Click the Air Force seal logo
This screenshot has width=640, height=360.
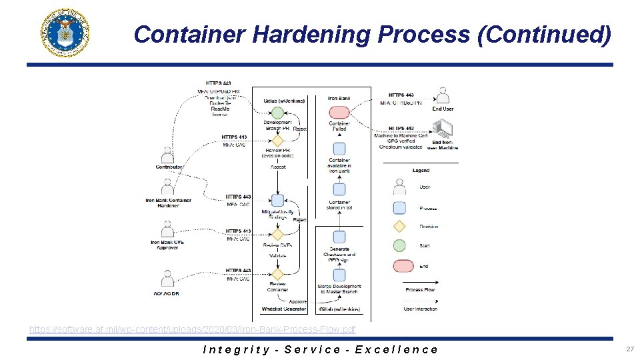tap(65, 33)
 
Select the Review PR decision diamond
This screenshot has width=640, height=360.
tap(277, 140)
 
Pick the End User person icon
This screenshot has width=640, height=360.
tap(442, 95)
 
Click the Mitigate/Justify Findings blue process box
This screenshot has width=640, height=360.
tap(277, 199)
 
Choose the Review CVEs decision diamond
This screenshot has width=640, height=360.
tap(277, 235)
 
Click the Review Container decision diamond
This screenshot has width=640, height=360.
tap(277, 274)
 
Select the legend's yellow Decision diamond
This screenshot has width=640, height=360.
tap(399, 226)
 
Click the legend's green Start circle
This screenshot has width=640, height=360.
tap(399, 245)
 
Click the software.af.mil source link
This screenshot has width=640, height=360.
tap(193, 329)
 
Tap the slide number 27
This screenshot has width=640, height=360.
tap(629, 349)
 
